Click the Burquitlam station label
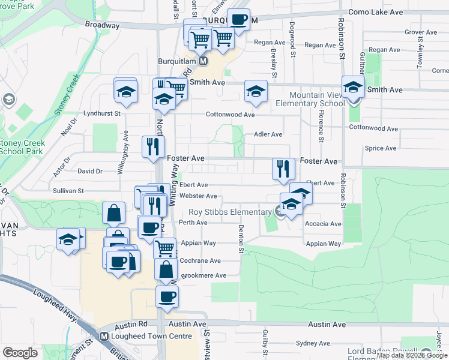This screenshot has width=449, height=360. (174, 61)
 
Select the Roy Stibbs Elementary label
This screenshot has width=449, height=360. (230, 212)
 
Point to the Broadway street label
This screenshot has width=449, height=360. (102, 25)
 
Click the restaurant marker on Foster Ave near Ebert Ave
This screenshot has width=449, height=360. (282, 169)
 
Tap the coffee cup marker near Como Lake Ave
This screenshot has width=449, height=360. (238, 19)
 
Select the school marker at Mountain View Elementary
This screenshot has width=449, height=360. (353, 88)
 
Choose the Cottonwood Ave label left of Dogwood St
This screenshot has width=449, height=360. (231, 114)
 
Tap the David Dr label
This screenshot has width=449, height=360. (90, 171)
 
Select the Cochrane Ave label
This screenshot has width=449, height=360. (200, 261)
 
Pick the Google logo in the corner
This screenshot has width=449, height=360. (20, 353)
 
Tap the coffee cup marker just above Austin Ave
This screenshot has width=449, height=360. (167, 296)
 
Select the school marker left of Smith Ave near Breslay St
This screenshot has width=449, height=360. (256, 92)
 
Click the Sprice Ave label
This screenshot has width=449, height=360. (381, 148)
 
